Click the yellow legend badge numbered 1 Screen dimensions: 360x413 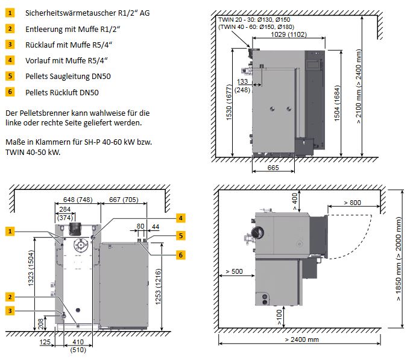(x=10, y=13)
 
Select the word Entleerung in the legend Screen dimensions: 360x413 (x=46, y=28)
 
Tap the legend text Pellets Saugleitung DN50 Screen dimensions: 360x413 (x=68, y=77)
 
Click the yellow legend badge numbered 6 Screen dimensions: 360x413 (x=10, y=92)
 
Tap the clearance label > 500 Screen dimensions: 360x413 (x=236, y=271)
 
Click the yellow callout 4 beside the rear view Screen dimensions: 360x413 (x=180, y=218)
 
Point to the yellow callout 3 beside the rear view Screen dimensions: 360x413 (x=10, y=311)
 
